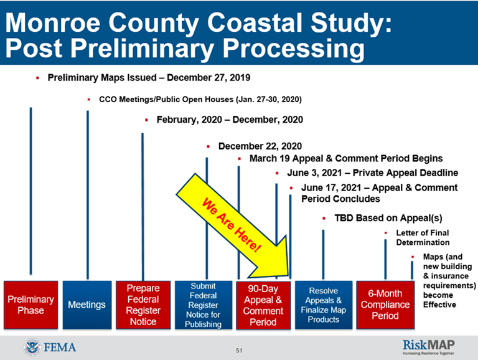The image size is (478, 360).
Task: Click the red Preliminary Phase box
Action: pyautogui.click(x=30, y=305)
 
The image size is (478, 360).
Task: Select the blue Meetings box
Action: pyautogui.click(x=87, y=305)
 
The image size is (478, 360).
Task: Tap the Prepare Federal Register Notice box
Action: pyautogui.click(x=143, y=305)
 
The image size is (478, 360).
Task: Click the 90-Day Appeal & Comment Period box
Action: pyautogui.click(x=263, y=305)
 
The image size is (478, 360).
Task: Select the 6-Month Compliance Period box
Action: pyautogui.click(x=385, y=305)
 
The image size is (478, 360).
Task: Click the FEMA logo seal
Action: pyautogui.click(x=30, y=347)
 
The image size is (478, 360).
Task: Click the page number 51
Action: pyautogui.click(x=239, y=351)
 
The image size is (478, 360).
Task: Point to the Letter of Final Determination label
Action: pyautogui.click(x=422, y=237)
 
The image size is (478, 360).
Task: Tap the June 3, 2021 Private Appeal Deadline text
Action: pyautogui.click(x=372, y=173)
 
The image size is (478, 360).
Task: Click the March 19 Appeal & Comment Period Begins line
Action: pyautogui.click(x=345, y=159)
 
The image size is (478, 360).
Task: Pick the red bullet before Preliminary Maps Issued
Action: pyautogui.click(x=39, y=78)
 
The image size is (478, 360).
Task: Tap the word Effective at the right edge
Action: pyautogui.click(x=439, y=305)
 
